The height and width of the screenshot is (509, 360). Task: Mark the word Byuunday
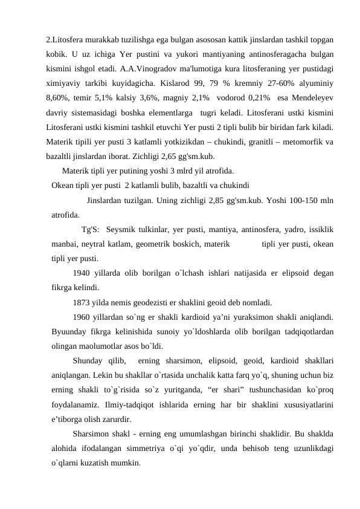(x=71, y=331)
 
